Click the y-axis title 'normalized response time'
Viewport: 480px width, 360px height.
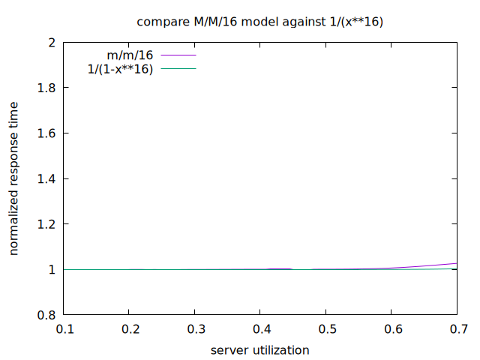coord(14,178)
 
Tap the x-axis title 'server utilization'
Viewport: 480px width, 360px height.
coord(259,349)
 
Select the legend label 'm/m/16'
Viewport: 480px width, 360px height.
coord(130,55)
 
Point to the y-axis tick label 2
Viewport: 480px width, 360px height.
coord(51,43)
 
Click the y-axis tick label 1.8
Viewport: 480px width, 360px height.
coord(46,88)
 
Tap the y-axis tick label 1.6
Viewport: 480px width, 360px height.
coord(46,133)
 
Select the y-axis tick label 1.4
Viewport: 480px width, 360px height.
coord(46,178)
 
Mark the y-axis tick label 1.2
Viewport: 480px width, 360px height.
coord(46,224)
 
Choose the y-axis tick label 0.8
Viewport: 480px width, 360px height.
coord(46,315)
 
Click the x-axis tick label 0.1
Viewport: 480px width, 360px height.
coord(64,329)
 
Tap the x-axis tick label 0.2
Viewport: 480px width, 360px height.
coord(130,329)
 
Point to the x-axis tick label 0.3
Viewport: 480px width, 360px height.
coord(195,329)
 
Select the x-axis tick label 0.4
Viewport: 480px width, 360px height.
coord(260,329)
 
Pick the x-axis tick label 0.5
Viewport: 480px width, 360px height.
coord(325,329)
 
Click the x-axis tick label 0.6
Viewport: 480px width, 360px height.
coord(391,329)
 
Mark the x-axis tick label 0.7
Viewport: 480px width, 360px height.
coord(456,329)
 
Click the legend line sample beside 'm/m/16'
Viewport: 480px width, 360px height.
coord(177,55)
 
